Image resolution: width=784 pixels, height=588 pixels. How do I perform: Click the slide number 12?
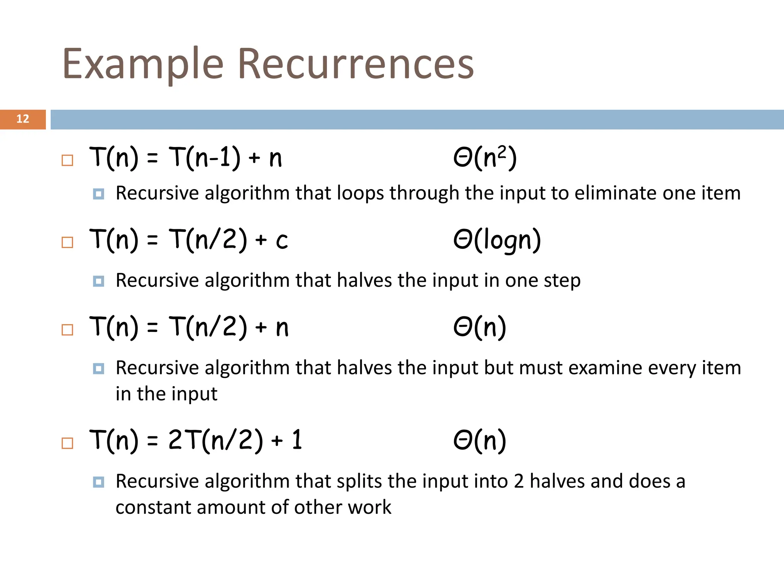tap(23, 119)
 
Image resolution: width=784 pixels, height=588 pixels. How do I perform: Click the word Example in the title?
tap(142, 64)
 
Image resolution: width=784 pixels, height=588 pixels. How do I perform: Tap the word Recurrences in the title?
tap(356, 64)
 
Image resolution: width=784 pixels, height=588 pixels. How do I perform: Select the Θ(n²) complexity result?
tap(485, 157)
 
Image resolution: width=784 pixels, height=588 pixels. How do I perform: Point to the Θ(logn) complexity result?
tap(497, 240)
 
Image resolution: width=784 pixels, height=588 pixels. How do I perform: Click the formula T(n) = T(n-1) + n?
tap(186, 157)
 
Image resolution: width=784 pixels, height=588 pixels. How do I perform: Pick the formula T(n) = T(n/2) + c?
tap(188, 240)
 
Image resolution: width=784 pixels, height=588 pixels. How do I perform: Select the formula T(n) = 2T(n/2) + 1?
tap(196, 440)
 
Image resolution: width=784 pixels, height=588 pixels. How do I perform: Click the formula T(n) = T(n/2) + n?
tap(188, 327)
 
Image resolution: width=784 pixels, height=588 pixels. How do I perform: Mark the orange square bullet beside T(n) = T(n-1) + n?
tap(67, 160)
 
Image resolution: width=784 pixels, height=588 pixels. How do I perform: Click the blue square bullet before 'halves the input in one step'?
tap(98, 281)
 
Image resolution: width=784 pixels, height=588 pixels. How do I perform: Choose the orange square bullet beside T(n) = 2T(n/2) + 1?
tap(67, 443)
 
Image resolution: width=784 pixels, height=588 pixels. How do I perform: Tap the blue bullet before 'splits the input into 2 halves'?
tap(98, 482)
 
